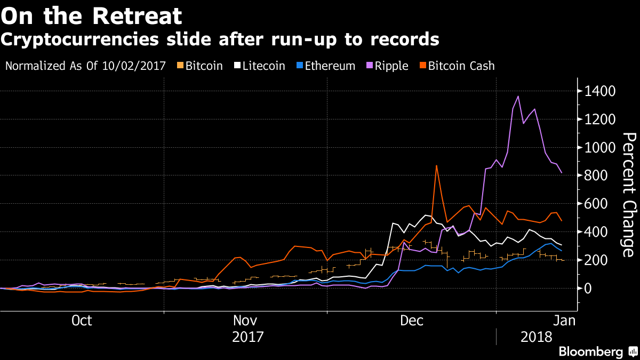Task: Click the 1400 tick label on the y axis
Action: coord(600,92)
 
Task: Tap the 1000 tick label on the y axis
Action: coord(600,148)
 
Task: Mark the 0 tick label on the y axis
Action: coord(588,289)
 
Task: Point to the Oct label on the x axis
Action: coord(82,321)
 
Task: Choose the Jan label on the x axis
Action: coord(564,321)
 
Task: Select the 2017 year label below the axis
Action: coord(248,337)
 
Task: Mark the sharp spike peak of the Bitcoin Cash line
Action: coord(436,166)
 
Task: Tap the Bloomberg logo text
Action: coord(591,352)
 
